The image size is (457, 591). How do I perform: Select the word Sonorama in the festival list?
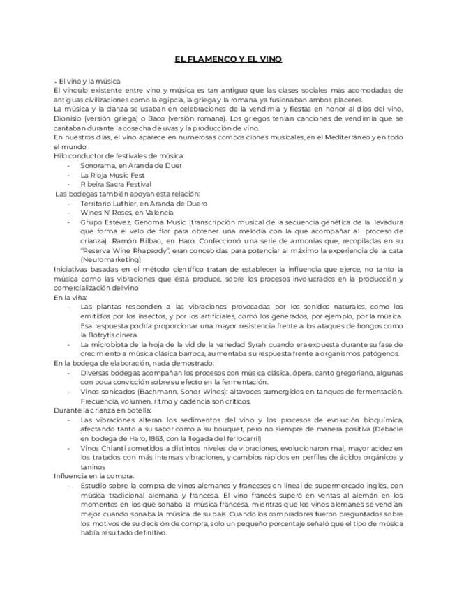click(97, 166)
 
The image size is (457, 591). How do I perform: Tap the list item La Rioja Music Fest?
click(112, 175)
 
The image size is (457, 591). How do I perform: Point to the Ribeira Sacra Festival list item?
click(116, 184)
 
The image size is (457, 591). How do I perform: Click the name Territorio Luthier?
click(112, 203)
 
